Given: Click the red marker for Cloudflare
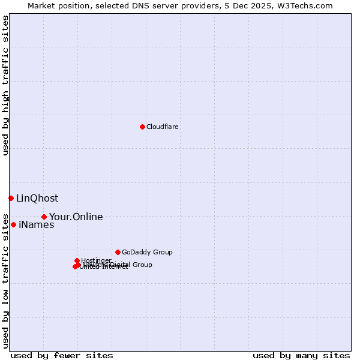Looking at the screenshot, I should click(x=142, y=127).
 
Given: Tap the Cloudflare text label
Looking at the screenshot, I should click(x=162, y=127).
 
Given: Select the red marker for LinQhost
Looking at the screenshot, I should click(x=11, y=198).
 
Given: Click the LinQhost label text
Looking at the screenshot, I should click(x=37, y=198).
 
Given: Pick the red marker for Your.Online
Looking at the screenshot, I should click(x=44, y=217).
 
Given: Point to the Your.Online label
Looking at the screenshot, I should click(x=76, y=217).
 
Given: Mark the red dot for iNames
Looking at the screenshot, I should click(x=13, y=224).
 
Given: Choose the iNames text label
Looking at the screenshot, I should click(x=36, y=225).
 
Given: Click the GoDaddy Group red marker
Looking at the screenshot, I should click(x=118, y=252).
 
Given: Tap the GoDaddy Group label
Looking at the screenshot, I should click(x=147, y=252).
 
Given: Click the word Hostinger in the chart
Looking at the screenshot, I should click(x=96, y=260).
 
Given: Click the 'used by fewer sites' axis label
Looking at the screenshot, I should click(x=62, y=355).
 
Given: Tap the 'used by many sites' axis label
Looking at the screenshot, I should click(x=301, y=355).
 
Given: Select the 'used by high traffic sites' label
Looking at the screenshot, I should click(x=5, y=85).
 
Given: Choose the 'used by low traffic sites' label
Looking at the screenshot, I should click(x=5, y=281).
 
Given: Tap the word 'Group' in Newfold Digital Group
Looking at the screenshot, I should click(x=142, y=265).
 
